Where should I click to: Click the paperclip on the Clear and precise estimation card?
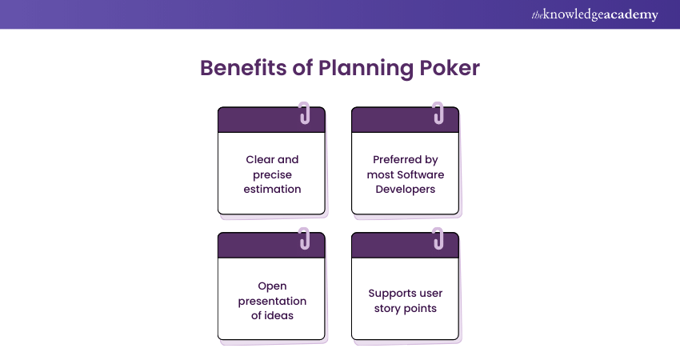point(304,112)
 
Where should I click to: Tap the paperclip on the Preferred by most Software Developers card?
point(438,112)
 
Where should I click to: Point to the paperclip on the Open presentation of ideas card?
point(304,238)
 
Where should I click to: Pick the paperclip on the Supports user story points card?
point(438,238)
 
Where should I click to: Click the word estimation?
point(272,190)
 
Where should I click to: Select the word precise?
point(272,174)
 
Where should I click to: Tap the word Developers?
point(405,190)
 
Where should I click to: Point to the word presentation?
point(272,301)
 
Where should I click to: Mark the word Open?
point(272,286)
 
